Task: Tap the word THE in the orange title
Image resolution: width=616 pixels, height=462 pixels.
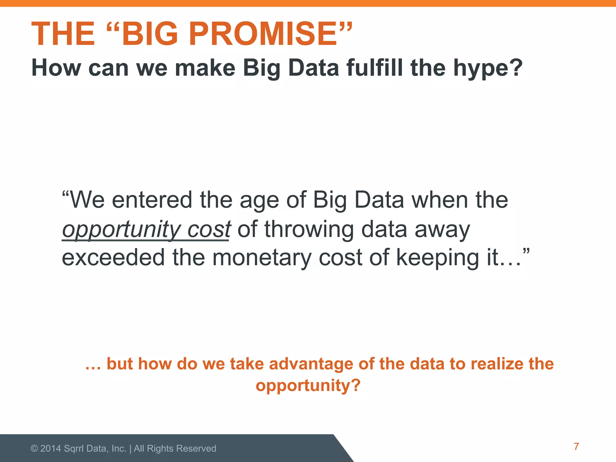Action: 63,34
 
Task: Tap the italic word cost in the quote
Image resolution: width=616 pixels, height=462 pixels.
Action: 209,229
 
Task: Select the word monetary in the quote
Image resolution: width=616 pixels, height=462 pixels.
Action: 262,258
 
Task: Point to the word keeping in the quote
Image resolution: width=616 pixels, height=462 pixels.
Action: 437,258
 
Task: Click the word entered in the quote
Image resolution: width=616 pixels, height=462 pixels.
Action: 152,200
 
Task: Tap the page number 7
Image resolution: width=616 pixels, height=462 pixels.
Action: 576,447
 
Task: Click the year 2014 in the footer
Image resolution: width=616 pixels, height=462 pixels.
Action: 51,448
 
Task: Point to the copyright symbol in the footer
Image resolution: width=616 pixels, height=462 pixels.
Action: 34,449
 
